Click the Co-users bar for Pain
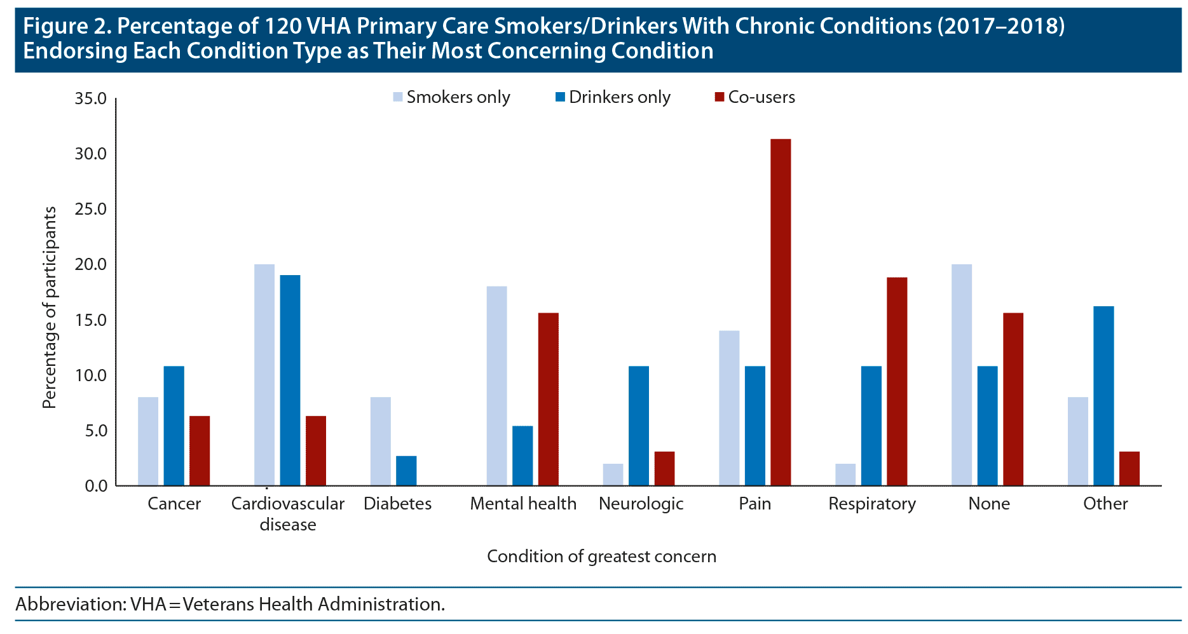(781, 312)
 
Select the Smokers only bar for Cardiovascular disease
(264, 375)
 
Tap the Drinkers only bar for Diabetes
(406, 471)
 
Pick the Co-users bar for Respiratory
(897, 381)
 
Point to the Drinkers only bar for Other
(1103, 396)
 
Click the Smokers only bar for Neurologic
(613, 475)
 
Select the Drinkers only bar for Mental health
(522, 455)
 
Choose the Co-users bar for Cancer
(200, 450)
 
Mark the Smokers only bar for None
(962, 375)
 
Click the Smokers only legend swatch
(398, 97)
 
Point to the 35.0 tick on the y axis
(90, 98)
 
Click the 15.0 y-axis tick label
(90, 320)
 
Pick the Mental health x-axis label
(523, 504)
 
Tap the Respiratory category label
(872, 504)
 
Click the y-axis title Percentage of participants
(50, 307)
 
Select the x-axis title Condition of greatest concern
(601, 556)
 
